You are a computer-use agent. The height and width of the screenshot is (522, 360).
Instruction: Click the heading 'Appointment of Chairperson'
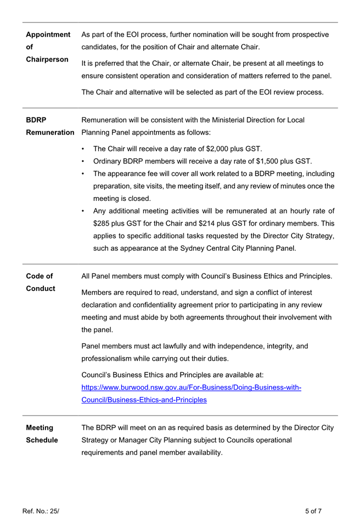click(48, 47)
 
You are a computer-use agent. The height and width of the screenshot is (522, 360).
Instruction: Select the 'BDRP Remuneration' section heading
click(50, 126)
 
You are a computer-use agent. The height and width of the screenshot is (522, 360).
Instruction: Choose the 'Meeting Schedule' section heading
click(42, 434)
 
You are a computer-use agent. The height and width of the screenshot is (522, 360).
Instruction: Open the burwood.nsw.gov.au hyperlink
click(190, 394)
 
